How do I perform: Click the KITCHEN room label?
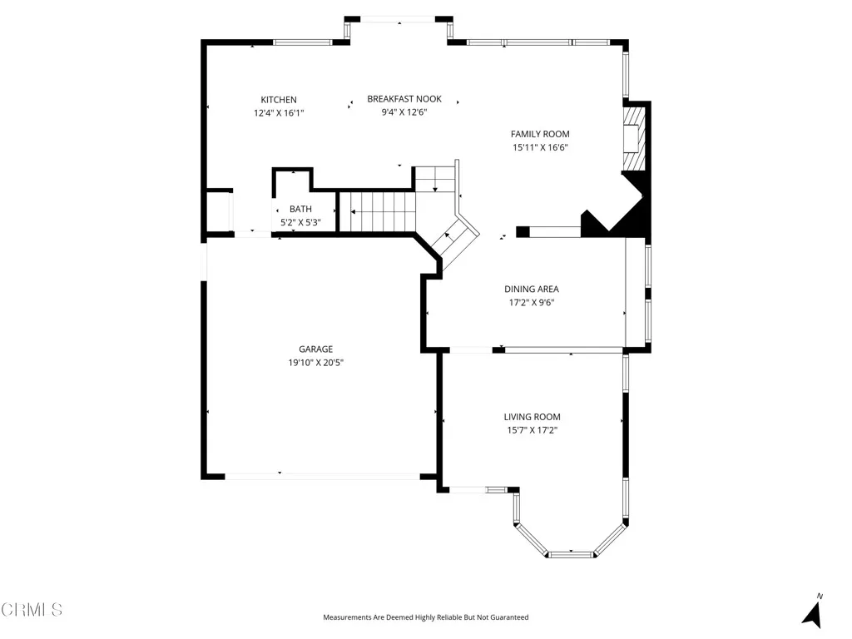click(279, 100)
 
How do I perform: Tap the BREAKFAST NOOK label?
click(404, 99)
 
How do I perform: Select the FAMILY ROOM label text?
click(540, 134)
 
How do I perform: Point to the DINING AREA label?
click(532, 290)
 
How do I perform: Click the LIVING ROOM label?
click(532, 417)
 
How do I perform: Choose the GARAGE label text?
click(316, 349)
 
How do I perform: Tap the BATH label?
click(300, 209)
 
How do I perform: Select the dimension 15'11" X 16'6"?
click(540, 147)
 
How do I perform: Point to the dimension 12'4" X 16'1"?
click(279, 112)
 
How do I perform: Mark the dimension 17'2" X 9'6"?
click(532, 303)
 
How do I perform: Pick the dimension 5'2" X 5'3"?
click(300, 222)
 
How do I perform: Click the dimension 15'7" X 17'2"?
click(532, 430)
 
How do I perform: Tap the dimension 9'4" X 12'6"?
click(404, 111)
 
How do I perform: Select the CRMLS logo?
click(32, 610)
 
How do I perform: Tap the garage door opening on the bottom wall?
click(322, 477)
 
